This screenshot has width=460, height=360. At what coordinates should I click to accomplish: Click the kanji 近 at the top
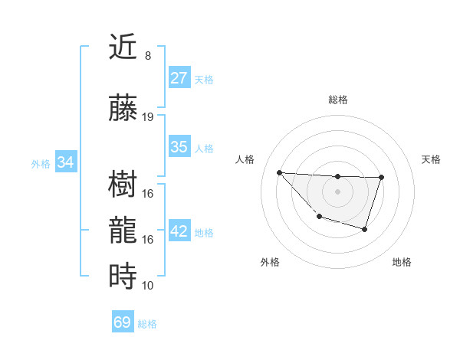pyautogui.click(x=123, y=48)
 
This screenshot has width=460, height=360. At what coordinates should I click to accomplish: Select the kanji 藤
pyautogui.click(x=123, y=109)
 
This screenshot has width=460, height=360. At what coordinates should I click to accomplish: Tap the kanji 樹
pyautogui.click(x=123, y=185)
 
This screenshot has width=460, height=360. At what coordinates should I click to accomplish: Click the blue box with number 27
pyautogui.click(x=179, y=77)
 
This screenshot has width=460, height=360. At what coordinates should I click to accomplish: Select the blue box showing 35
pyautogui.click(x=179, y=147)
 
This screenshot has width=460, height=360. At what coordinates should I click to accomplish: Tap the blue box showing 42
pyautogui.click(x=179, y=231)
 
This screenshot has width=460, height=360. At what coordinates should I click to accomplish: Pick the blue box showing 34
pyautogui.click(x=66, y=162)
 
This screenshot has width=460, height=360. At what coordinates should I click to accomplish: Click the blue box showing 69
pyautogui.click(x=123, y=322)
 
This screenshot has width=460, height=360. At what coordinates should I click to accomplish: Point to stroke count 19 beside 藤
pyautogui.click(x=148, y=117)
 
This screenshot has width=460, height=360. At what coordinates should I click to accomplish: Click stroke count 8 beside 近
pyautogui.click(x=147, y=56)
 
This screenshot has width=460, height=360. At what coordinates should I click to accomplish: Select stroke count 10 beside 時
pyautogui.click(x=148, y=285)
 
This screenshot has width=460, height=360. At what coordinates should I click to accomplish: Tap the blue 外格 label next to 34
pyautogui.click(x=41, y=163)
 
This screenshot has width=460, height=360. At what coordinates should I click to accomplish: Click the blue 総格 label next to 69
pyautogui.click(x=147, y=324)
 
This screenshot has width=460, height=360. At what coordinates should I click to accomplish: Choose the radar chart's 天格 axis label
pyautogui.click(x=432, y=159)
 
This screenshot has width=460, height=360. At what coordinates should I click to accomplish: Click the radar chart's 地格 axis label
pyautogui.click(x=402, y=262)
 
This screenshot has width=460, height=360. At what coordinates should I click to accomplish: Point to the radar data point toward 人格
pyautogui.click(x=279, y=172)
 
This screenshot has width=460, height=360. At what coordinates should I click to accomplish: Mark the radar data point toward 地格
pyautogui.click(x=365, y=230)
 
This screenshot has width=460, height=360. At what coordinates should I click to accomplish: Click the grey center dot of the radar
pyautogui.click(x=337, y=191)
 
